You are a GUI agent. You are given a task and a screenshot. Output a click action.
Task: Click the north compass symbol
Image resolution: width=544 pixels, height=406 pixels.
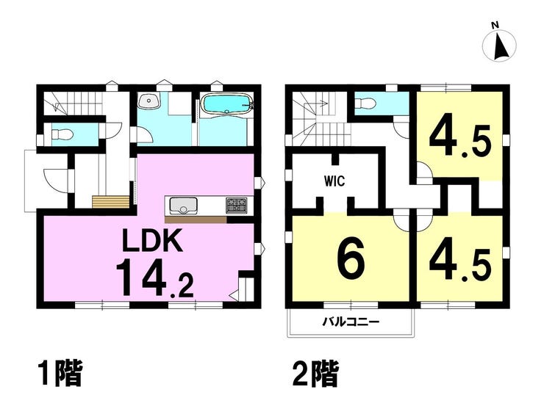coord(500,44)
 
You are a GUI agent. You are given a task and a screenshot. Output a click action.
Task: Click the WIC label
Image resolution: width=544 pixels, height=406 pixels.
coord(334,181)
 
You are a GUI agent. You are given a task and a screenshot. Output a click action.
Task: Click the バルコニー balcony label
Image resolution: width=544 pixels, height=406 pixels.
coord(351,322)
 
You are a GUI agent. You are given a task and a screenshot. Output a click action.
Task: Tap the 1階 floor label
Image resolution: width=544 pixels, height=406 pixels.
coord(61,374)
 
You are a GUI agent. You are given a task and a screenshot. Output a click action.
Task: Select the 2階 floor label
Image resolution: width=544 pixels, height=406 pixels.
coord(315,374)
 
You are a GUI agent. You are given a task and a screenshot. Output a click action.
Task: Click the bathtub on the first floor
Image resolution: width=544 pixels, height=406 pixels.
coord(227,104)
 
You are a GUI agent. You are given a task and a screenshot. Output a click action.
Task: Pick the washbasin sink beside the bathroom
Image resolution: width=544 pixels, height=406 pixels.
coord(149,101)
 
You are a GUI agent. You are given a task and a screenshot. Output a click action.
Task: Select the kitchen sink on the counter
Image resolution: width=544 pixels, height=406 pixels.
coord(183,205)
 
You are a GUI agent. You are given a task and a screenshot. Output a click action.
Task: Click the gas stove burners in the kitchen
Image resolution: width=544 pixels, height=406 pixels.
coord(237,205)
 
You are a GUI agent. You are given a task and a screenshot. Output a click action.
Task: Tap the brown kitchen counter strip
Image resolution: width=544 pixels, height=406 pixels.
coord(196,220)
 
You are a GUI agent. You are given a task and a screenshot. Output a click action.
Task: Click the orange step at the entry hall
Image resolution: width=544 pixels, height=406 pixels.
coord(111,202)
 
